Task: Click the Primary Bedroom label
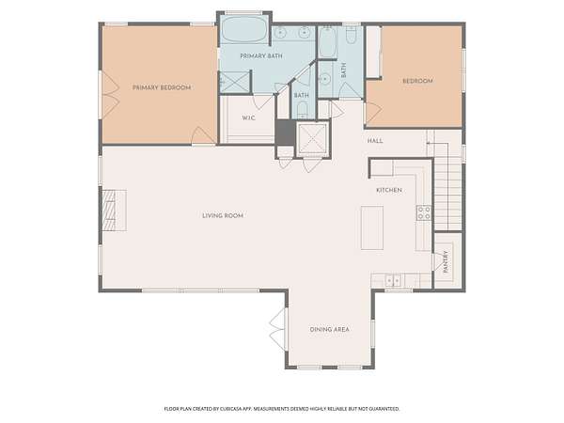[x=162, y=87]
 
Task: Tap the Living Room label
[x=223, y=215]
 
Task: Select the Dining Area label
[x=330, y=329]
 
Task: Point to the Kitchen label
[x=389, y=190]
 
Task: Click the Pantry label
[x=446, y=261]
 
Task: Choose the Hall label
[x=375, y=141]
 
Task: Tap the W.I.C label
[x=248, y=118]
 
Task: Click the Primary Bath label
[x=261, y=56]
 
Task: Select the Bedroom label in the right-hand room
[x=417, y=81]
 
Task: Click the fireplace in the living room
[x=114, y=211]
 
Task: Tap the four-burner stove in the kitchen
[x=424, y=212]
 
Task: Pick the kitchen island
[x=372, y=227]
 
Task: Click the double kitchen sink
[x=393, y=280]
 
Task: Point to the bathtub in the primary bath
[x=243, y=30]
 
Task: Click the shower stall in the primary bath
[x=235, y=83]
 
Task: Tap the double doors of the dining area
[x=278, y=328]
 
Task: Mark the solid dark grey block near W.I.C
[x=285, y=133]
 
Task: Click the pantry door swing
[x=438, y=261]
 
